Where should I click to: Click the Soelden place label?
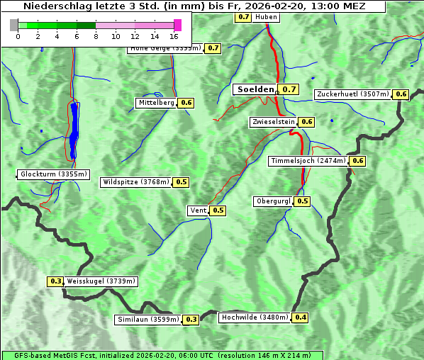[x=255, y=89]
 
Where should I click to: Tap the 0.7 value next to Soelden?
[x=289, y=89]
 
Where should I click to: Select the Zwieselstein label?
[x=272, y=122]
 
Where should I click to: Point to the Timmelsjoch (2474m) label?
[x=308, y=161]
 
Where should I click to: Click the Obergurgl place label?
[x=273, y=201]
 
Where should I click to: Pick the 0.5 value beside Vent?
[x=218, y=210]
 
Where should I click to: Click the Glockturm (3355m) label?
[x=53, y=174]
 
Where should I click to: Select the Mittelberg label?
[x=156, y=103]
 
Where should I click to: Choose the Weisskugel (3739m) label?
[x=101, y=281]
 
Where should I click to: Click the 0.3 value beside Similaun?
[x=191, y=320]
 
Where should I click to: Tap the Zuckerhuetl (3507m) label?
[x=353, y=94]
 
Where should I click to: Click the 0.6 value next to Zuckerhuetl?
[x=401, y=94]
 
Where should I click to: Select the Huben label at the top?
[x=266, y=16]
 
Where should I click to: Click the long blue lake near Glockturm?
[x=74, y=131]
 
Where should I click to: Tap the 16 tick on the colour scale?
[x=174, y=35]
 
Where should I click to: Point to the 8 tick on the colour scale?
[x=96, y=35]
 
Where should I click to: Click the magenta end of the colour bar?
[x=177, y=25]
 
